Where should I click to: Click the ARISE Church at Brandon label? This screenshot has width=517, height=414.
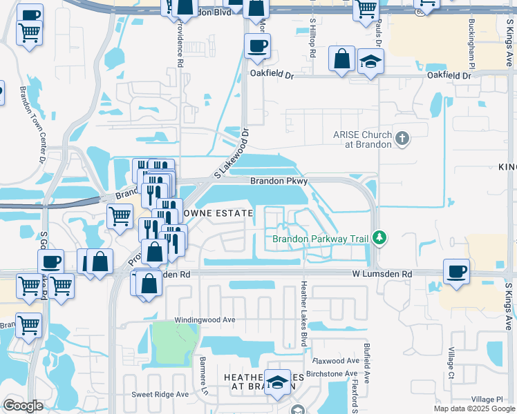362,139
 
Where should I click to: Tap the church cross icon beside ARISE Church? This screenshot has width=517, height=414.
402,139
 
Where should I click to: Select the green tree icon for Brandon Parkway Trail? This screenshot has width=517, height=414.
378,238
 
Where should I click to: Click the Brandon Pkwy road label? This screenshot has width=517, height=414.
279,181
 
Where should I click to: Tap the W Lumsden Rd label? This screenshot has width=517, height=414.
382,274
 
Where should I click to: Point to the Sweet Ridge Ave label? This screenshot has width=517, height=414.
160,395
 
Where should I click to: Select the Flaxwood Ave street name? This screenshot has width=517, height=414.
336,361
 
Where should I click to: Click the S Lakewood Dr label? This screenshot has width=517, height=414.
231,151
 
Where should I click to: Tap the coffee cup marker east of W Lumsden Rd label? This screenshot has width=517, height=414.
456,271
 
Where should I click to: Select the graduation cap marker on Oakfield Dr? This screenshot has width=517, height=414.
371,62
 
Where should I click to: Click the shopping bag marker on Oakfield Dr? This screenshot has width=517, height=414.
342,58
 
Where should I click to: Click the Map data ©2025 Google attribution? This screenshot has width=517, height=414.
473,408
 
